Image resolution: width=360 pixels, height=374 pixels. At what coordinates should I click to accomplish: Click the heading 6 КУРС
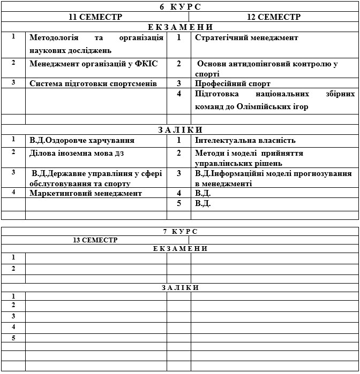(x=180, y=6)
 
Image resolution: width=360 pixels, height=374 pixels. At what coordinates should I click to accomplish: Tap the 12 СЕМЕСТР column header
(x=274, y=17)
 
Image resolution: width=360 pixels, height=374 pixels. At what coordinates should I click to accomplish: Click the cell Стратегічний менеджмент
(x=246, y=38)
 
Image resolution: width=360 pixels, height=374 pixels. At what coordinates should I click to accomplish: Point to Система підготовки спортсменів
(x=93, y=83)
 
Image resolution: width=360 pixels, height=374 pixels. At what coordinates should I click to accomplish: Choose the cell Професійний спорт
(x=232, y=83)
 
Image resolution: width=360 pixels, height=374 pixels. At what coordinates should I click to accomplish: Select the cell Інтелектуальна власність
(x=245, y=141)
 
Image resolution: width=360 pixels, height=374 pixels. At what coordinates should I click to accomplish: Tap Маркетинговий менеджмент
(x=86, y=193)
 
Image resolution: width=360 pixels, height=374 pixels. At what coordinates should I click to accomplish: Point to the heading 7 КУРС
(x=180, y=231)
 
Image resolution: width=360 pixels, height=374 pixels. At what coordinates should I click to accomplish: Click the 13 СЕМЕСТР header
(x=95, y=240)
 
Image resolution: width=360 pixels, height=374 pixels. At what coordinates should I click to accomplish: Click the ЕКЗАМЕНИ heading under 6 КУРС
(x=180, y=27)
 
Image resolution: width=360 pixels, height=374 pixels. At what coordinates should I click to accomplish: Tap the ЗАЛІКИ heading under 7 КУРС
(x=180, y=287)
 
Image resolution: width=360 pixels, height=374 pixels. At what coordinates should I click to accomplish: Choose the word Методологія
(x=54, y=38)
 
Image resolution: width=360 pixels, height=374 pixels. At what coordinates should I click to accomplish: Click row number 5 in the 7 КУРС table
(x=13, y=338)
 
